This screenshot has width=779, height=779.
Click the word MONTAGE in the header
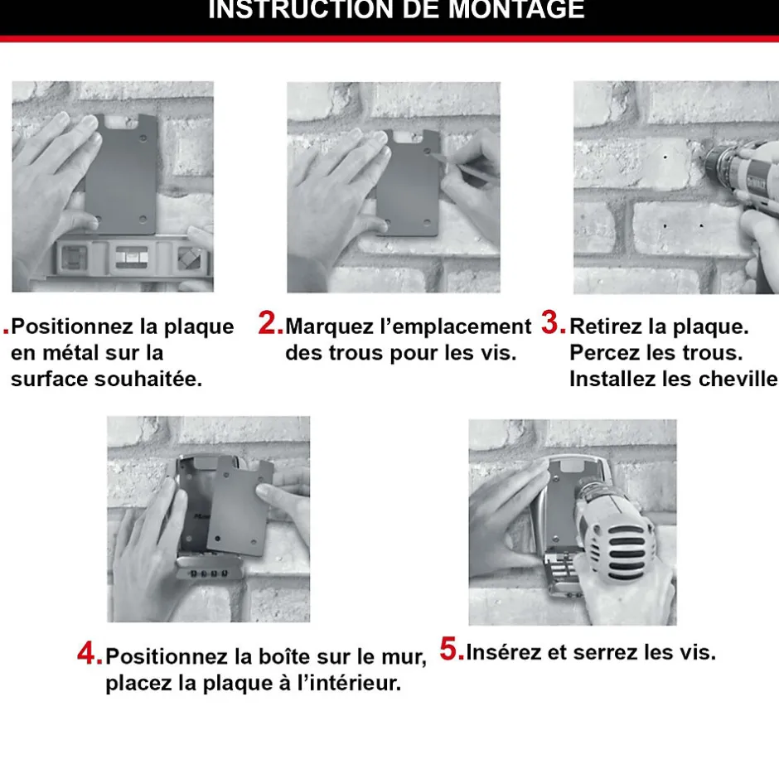[x=516, y=10]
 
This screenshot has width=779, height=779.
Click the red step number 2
[x=270, y=324]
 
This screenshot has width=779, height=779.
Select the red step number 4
[x=89, y=654]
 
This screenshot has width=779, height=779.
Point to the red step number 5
[x=451, y=650]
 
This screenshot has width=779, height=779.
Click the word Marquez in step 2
[x=323, y=327]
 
